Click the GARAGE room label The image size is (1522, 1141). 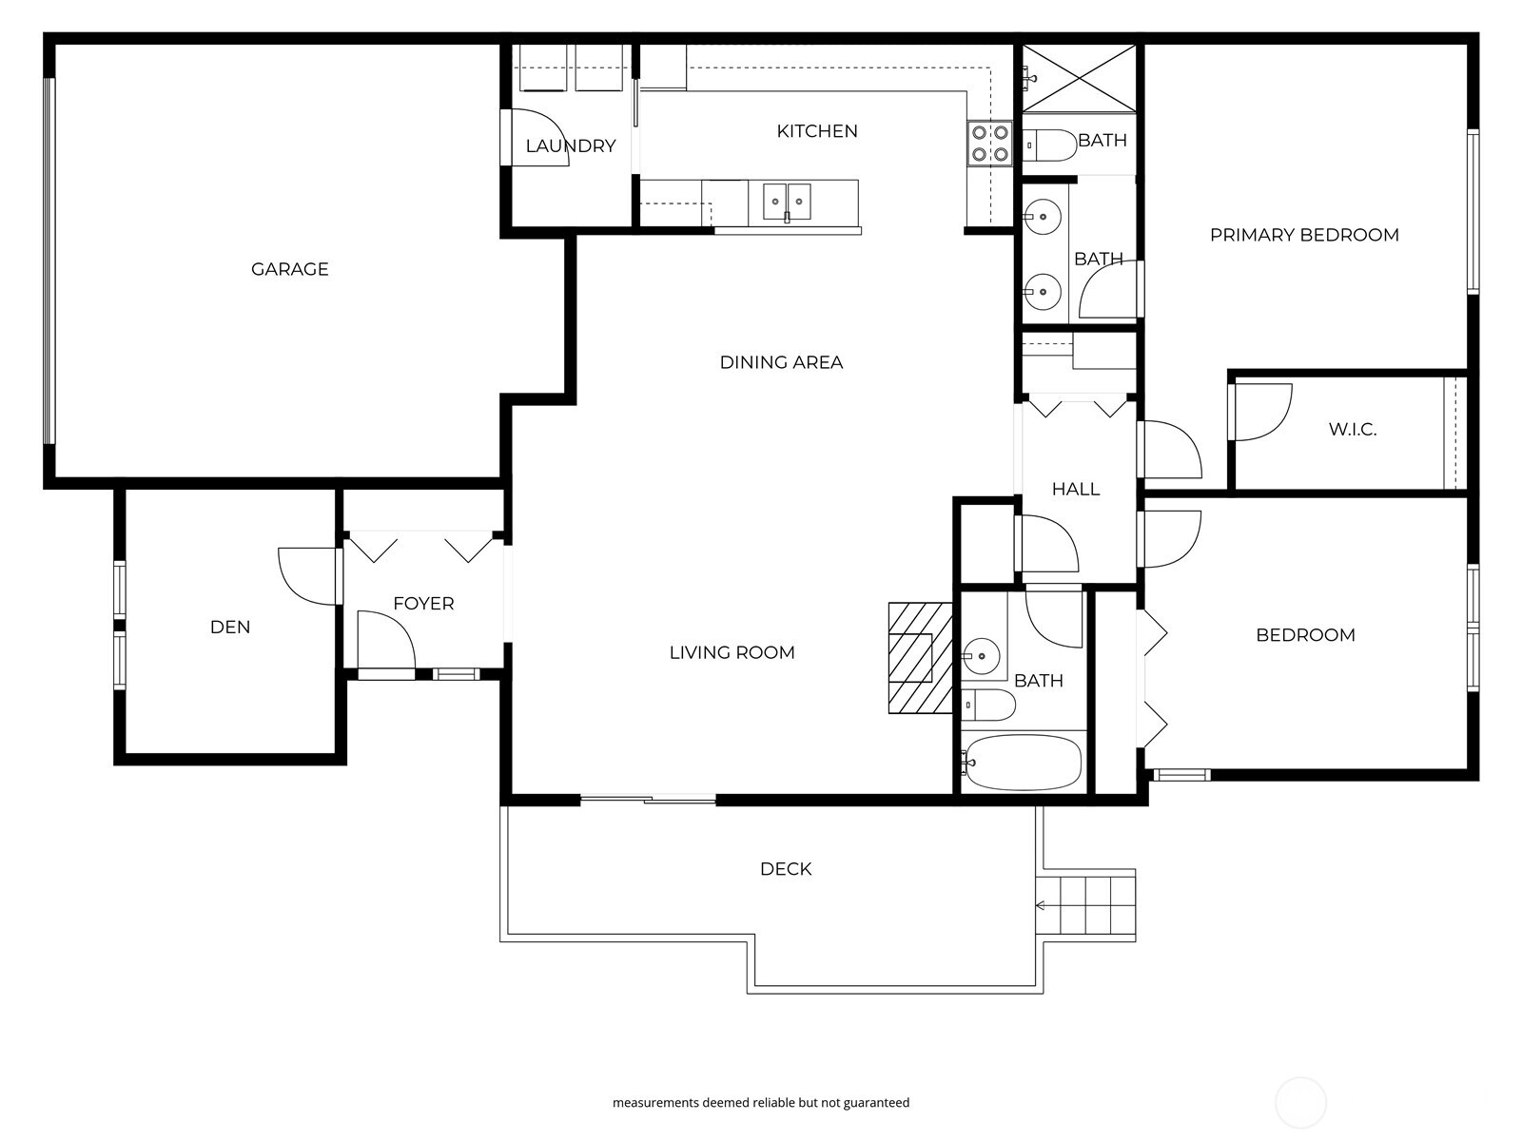(289, 269)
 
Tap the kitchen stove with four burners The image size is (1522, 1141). (988, 143)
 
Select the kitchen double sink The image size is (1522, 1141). (787, 202)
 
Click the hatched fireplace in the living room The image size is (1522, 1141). (920, 657)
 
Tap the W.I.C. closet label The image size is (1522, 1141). (1352, 430)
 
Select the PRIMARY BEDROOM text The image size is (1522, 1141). (1303, 235)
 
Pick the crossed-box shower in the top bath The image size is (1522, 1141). (1079, 78)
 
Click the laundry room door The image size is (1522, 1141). (537, 139)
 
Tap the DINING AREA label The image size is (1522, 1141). (780, 362)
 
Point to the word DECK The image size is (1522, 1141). (785, 869)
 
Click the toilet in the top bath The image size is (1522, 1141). (1049, 145)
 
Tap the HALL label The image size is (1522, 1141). (1075, 490)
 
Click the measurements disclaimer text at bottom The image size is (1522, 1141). (760, 1103)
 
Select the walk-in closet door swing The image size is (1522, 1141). (1261, 413)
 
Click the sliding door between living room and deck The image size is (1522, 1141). (648, 800)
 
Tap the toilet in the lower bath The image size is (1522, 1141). (989, 706)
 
